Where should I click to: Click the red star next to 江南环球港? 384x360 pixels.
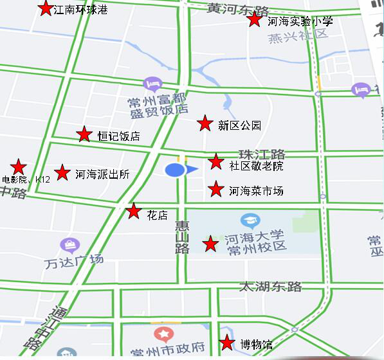[46, 9]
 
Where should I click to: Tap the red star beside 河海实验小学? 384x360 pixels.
[255, 19]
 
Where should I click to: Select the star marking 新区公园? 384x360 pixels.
[205, 123]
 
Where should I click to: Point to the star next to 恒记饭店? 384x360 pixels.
[84, 134]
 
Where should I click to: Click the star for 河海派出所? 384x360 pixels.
[62, 172]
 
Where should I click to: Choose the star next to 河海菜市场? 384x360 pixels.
[216, 190]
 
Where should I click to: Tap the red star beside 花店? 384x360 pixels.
[133, 212]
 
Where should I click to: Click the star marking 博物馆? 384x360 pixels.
[227, 343]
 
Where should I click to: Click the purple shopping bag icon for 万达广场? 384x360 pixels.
[69, 245]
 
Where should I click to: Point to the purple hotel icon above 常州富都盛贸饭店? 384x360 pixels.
[152, 84]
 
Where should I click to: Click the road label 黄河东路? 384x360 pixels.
[238, 8]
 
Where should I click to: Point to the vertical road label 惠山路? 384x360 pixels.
[181, 237]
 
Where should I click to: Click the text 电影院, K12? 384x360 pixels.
[26, 180]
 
